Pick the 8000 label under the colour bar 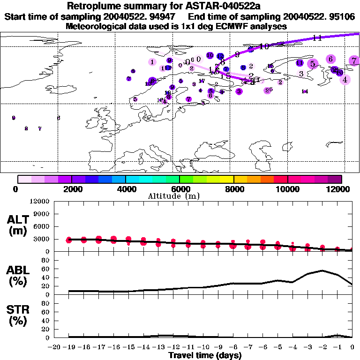(233, 189)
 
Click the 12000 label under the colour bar (341, 189)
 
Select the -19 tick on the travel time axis (69, 347)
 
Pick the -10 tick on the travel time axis (203, 347)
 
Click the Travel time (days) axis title (205, 355)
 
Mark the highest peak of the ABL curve (322, 270)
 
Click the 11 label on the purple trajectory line (317, 38)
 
